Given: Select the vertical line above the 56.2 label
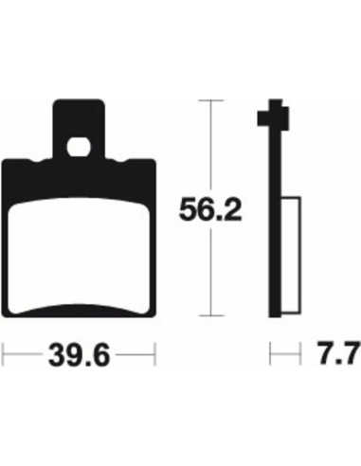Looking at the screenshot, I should click(208, 142).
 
